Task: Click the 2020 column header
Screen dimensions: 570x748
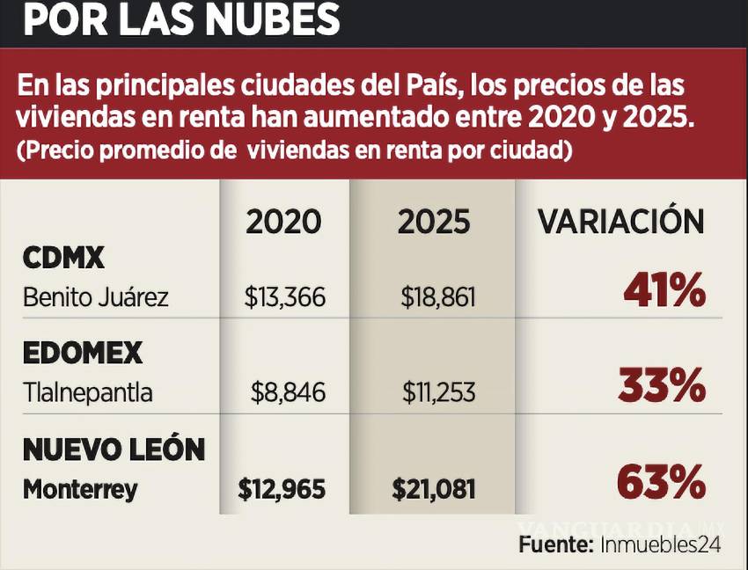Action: click(283, 223)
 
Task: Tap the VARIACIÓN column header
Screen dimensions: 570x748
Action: click(621, 223)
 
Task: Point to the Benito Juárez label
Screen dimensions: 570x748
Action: click(96, 297)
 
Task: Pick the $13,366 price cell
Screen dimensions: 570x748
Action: click(285, 297)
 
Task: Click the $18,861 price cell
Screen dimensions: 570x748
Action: click(438, 297)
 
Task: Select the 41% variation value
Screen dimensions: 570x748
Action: click(664, 291)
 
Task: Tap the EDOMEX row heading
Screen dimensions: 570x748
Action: click(83, 354)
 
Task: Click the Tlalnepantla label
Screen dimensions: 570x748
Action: click(88, 392)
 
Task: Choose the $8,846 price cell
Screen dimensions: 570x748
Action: click(289, 392)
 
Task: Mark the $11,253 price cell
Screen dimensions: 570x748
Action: click(439, 392)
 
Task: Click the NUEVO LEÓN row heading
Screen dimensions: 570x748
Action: click(114, 449)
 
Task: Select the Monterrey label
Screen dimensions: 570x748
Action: click(80, 489)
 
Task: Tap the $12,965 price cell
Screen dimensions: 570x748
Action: click(282, 489)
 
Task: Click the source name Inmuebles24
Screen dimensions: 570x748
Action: click(660, 544)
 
